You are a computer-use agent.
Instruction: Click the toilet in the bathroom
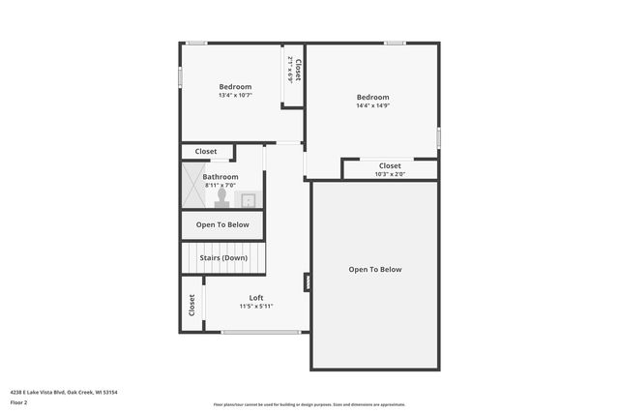pyautogui.click(x=221, y=197)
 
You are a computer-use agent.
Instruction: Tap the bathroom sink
pyautogui.click(x=248, y=200)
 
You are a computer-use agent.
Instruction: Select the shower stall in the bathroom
pyautogui.click(x=192, y=185)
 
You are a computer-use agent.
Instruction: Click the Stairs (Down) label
pyautogui.click(x=223, y=258)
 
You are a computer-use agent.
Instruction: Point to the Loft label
pyautogui.click(x=256, y=298)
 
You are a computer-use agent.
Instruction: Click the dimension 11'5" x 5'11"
pyautogui.click(x=256, y=307)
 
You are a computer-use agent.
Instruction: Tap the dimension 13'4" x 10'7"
pyautogui.click(x=235, y=96)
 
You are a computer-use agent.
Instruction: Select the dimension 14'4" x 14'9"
pyautogui.click(x=372, y=105)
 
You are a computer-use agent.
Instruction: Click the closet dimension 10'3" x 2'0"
pyautogui.click(x=390, y=174)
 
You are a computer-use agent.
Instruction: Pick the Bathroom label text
pyautogui.click(x=221, y=177)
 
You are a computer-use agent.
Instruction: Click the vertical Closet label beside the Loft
pyautogui.click(x=192, y=305)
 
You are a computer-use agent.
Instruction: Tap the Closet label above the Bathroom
pyautogui.click(x=206, y=152)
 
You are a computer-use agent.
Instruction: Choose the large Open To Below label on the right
pyautogui.click(x=375, y=270)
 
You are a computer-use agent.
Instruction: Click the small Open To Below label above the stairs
pyautogui.click(x=222, y=224)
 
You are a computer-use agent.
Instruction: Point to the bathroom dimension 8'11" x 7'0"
pyautogui.click(x=221, y=185)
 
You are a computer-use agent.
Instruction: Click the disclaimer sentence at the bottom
pyautogui.click(x=309, y=404)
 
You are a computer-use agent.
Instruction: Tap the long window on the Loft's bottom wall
pyautogui.click(x=260, y=333)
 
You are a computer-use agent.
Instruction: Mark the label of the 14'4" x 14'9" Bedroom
pyautogui.click(x=372, y=97)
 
